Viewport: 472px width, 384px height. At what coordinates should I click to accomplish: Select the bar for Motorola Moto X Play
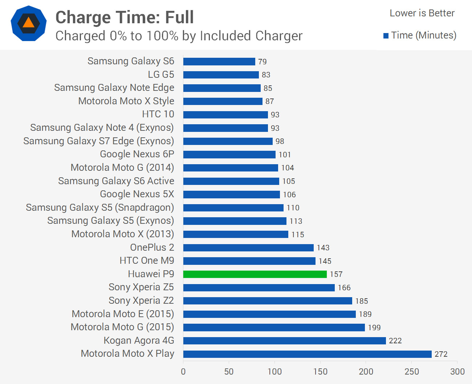pos(307,354)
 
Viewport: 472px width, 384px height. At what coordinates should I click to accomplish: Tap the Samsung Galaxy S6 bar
pos(219,61)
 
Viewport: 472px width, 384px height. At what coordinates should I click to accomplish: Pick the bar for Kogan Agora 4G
pos(284,341)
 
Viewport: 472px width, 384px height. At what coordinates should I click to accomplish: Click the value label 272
pos(441,354)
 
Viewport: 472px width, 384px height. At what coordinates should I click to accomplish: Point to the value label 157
pos(336,274)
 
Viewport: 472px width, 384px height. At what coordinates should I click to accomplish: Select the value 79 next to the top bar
pos(262,62)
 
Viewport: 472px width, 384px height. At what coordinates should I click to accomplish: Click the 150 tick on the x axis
pos(320,372)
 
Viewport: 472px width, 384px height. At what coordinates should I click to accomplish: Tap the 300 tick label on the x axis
pos(457,372)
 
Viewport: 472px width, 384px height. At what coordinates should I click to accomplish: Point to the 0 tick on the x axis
pos(183,372)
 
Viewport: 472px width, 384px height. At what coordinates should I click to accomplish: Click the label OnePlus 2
pos(152,247)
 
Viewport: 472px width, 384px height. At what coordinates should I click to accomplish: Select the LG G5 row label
pos(161,74)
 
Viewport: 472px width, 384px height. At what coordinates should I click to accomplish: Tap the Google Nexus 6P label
pos(137,154)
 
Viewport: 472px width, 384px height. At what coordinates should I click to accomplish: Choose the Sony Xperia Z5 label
pos(141,287)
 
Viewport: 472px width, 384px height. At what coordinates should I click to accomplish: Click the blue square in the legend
pos(386,36)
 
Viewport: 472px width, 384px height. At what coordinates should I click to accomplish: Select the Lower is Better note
pos(422,13)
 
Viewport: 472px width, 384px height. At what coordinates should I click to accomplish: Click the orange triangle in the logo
pos(28,23)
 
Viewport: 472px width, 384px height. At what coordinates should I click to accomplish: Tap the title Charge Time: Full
pos(125,17)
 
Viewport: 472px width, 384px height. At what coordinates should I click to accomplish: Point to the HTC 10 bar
pos(225,115)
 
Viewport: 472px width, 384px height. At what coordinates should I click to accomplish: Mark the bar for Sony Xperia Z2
pos(268,301)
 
